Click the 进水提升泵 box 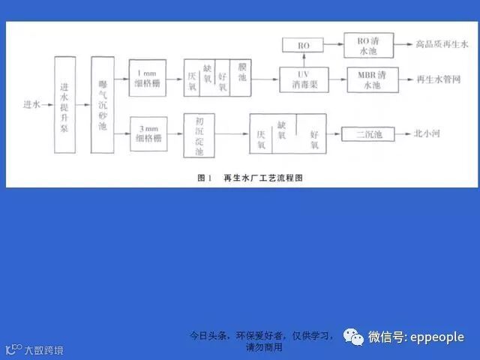65,105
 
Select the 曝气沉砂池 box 103,105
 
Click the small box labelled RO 303,46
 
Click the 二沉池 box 368,135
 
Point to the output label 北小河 428,135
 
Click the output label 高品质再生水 442,45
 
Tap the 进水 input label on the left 31,104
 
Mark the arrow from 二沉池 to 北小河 403,135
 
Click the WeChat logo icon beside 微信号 353,337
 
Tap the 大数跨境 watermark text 43,350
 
